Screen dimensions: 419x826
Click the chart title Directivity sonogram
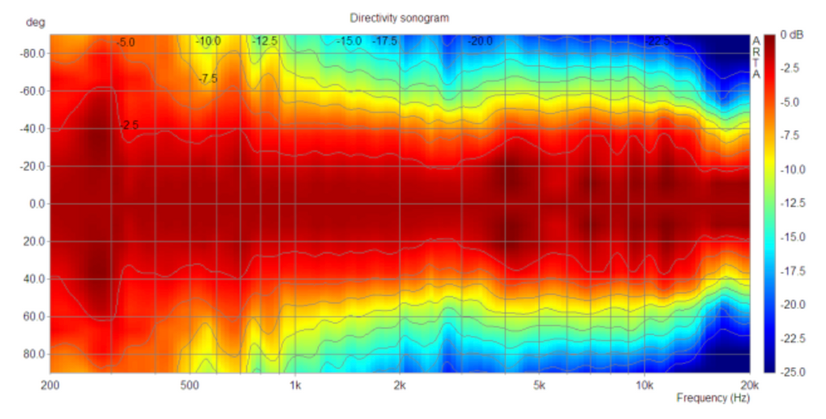pos(399,17)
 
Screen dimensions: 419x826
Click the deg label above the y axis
pos(35,22)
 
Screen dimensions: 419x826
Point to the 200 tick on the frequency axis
pos(51,385)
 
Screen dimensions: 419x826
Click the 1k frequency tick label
pos(295,385)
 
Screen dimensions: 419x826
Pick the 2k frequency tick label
pos(400,385)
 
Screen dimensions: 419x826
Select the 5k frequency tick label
pos(539,385)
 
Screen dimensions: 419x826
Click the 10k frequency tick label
pos(644,385)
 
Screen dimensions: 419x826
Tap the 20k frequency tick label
pos(749,385)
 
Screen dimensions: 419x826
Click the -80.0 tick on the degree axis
pos(32,53)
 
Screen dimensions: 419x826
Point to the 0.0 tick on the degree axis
pos(36,204)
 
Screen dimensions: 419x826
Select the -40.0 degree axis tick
pos(32,129)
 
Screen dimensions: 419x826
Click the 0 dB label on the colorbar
pos(793,35)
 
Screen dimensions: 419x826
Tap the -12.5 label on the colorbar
pos(795,203)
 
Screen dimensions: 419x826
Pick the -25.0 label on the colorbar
pos(795,371)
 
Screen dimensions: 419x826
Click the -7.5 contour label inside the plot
pos(208,79)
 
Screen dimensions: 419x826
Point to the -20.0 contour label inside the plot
pos(480,42)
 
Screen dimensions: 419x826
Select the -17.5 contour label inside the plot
pos(385,42)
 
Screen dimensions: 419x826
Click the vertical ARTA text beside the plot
pos(756,57)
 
